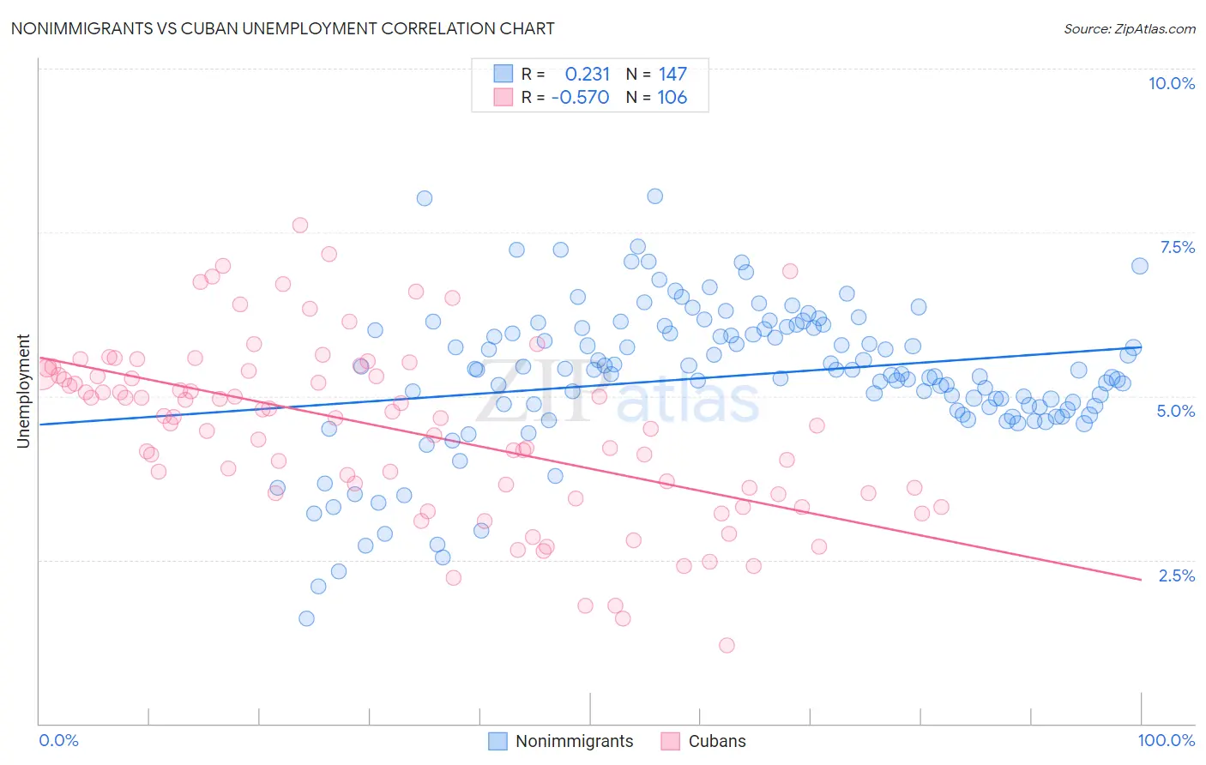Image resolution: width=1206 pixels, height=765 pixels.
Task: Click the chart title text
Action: [x=282, y=28]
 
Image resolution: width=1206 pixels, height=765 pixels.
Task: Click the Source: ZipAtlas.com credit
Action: [x=1129, y=28]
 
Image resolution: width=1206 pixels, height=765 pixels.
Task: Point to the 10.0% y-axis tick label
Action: [x=1171, y=83]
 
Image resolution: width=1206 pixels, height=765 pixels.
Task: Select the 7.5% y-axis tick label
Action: [x=1177, y=247]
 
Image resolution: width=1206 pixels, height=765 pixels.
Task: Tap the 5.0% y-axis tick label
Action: [x=1175, y=411]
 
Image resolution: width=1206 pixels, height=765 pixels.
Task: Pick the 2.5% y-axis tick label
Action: [x=1176, y=575]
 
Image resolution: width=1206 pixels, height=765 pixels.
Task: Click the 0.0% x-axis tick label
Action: [x=58, y=740]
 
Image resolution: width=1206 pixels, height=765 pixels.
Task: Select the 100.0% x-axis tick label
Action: [x=1166, y=740]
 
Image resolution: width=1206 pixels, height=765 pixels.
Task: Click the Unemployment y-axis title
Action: [x=23, y=391]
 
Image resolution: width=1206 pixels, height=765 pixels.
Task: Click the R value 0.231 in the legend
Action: [x=588, y=75]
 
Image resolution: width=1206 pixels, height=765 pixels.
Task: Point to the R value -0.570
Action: [x=581, y=98]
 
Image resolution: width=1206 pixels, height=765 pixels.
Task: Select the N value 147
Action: [x=672, y=75]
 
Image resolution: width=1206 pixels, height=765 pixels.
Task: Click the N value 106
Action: [x=672, y=98]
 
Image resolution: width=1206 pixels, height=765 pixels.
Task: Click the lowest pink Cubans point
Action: [x=727, y=645]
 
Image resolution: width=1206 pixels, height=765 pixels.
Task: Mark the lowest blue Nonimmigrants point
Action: [x=306, y=618]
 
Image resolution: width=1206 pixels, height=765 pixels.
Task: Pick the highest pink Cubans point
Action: [x=300, y=225]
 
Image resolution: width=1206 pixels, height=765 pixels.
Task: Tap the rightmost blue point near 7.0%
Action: [x=1139, y=266]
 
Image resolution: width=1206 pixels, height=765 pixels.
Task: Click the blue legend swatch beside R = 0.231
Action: [x=503, y=74]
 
